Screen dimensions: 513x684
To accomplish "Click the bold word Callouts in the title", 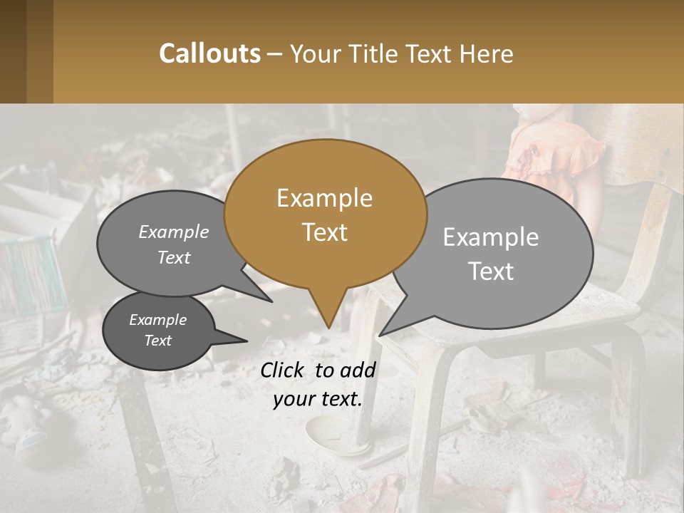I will point(209,53).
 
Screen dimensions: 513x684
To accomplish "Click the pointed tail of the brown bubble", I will point(328,321).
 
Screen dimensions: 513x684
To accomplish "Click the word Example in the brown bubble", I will point(324,198).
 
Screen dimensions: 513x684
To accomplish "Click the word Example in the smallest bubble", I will point(157,320).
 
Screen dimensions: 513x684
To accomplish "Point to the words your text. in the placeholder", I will point(318,400).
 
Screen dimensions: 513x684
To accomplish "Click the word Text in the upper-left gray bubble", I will point(174,258).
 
